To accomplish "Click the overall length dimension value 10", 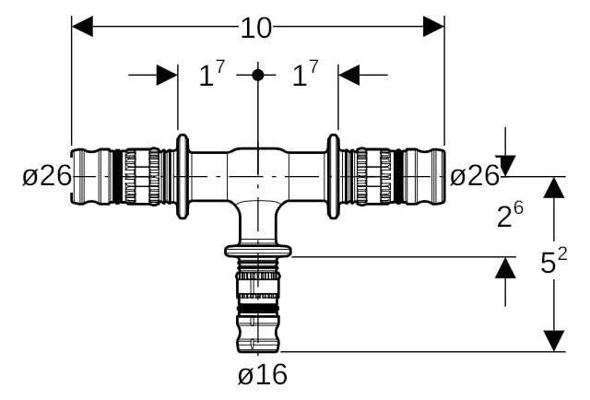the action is click(256, 29).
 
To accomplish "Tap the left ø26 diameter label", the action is click(47, 176).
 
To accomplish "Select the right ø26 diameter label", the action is click(475, 176).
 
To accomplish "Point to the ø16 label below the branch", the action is click(263, 374).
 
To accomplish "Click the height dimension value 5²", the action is click(553, 261).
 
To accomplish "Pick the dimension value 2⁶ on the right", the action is click(510, 215).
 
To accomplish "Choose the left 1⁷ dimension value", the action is click(212, 74).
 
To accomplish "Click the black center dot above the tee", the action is click(258, 75).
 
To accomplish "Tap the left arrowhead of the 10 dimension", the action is click(82, 27).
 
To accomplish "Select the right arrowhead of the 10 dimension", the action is click(434, 27).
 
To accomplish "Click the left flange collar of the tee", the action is click(183, 176).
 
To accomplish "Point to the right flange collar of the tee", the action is click(334, 176).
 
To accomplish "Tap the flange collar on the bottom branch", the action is click(258, 251).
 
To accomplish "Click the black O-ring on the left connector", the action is click(117, 176).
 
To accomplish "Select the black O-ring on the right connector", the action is click(398, 176).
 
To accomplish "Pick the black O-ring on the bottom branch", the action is click(258, 310).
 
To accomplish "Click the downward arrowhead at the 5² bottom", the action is click(554, 341).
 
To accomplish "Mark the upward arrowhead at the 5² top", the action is click(554, 187).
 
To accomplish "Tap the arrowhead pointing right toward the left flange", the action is click(167, 75).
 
